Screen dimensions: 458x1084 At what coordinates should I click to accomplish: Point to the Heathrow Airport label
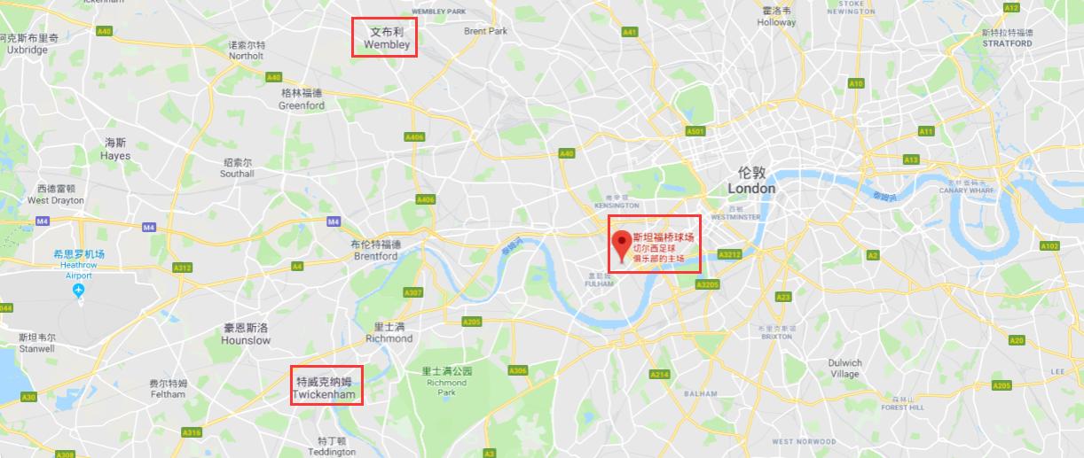click(79, 265)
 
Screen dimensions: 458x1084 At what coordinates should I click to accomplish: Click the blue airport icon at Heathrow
click(79, 291)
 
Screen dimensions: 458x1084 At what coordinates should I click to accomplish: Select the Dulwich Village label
click(844, 368)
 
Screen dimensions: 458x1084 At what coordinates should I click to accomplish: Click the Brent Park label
click(485, 31)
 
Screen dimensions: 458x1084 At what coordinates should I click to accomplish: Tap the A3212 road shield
click(729, 254)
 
